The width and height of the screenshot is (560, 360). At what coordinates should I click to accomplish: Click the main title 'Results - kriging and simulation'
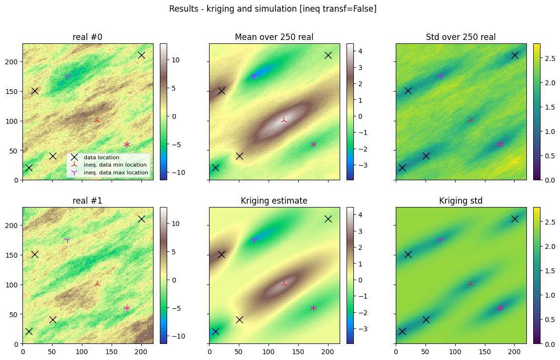click(232, 9)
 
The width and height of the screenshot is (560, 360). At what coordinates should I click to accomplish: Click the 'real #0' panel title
click(88, 37)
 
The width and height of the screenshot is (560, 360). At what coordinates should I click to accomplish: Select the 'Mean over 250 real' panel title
click(274, 37)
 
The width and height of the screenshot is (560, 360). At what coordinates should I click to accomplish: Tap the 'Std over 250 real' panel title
click(461, 37)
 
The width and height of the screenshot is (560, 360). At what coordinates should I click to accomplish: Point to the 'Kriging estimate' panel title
click(274, 201)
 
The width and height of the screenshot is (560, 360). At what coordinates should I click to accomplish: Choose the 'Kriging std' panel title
click(461, 201)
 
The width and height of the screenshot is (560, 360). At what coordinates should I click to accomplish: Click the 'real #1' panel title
click(88, 201)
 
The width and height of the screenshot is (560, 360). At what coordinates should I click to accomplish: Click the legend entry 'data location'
click(101, 157)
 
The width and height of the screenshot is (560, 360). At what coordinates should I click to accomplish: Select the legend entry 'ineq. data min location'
click(115, 165)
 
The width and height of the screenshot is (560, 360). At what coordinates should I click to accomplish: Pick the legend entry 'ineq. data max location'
click(116, 172)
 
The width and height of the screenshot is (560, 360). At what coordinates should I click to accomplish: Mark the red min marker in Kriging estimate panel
click(284, 284)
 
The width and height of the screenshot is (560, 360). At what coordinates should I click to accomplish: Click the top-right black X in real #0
click(141, 56)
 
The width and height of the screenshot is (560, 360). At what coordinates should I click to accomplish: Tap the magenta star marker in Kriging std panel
click(500, 308)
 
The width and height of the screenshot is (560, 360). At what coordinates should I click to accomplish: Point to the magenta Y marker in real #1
click(67, 240)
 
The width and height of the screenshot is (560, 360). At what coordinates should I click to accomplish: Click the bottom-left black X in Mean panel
click(215, 168)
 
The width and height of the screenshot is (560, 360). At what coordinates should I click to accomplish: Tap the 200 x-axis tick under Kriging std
click(514, 352)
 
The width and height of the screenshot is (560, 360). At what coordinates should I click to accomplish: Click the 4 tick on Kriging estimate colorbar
click(360, 215)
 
